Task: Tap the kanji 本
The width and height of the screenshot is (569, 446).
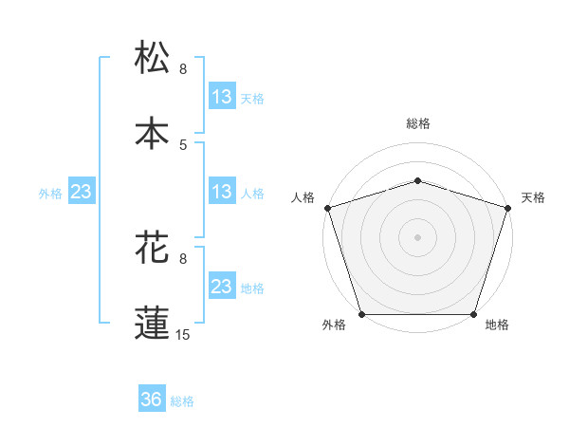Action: coord(153,133)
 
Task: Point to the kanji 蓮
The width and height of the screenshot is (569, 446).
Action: coord(153,322)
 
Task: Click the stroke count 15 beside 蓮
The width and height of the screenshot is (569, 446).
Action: coord(183,334)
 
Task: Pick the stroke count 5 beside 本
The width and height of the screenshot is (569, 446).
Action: coord(183,144)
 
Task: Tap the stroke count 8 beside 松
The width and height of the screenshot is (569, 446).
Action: coord(183,69)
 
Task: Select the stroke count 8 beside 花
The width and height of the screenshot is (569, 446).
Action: coord(183,258)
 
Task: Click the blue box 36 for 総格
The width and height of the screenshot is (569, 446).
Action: coord(152,400)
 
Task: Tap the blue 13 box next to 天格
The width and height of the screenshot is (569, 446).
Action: coord(222,97)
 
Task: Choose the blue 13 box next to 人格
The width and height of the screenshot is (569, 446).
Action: coord(222,192)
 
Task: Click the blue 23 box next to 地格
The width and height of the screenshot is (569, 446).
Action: coord(222,287)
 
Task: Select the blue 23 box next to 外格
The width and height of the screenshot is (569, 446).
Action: coord(82,192)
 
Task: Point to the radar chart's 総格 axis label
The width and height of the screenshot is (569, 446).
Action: coord(418,123)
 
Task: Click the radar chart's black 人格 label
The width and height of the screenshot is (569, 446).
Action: coord(303,197)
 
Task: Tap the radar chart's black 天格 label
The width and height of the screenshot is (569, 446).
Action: coord(534,197)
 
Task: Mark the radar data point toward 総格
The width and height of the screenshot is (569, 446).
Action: coord(418,180)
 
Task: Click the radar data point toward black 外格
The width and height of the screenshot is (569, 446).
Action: coord(362,314)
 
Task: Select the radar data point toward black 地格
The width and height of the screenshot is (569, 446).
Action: coord(474,314)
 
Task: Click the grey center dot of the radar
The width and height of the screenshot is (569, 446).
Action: coord(418,237)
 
